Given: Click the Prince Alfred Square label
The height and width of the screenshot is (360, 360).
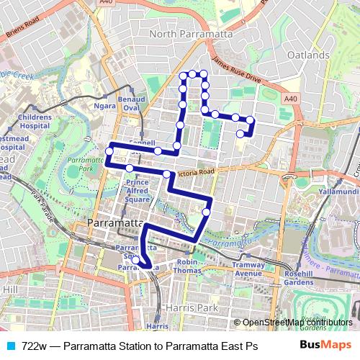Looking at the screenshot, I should tap(138, 191).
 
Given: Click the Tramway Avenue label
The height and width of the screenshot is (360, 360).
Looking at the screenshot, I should tap(249, 269).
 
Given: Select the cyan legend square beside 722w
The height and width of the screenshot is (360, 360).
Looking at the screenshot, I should tap(10, 346).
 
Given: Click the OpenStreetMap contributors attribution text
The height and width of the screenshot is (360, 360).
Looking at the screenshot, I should tap(288, 323).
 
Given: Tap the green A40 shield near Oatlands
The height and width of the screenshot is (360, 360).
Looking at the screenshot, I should tap(289, 98).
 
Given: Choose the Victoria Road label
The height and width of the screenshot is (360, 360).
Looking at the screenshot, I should tap(195, 173).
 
